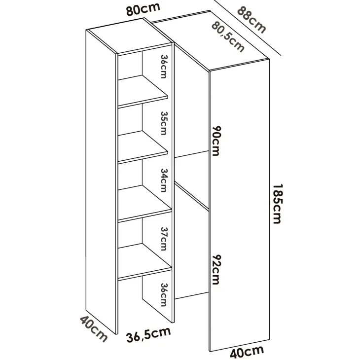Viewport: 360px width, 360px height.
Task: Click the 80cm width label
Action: (143, 9)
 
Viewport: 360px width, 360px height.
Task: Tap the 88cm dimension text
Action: (252, 20)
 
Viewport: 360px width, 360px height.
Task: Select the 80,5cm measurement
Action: (228, 36)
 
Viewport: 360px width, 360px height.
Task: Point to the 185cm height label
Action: (277, 204)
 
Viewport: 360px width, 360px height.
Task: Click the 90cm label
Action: (216, 141)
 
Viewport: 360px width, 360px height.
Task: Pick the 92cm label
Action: (216, 270)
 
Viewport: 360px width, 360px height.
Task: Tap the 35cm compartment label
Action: (164, 123)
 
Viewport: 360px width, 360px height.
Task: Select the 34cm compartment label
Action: (164, 180)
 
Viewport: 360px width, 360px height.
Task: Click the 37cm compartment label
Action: (164, 239)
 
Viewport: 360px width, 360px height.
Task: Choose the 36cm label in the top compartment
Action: (164, 67)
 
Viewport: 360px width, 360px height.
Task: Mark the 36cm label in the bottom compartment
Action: (164, 295)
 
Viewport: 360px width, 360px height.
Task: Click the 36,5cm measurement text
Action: (148, 334)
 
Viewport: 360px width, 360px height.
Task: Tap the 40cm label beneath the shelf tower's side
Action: (94, 329)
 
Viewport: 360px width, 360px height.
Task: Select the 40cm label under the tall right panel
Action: (247, 352)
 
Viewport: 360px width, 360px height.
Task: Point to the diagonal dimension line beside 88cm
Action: (247, 28)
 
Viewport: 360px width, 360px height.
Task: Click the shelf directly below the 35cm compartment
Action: (143, 147)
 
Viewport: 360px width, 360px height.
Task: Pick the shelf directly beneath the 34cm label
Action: (144, 204)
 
